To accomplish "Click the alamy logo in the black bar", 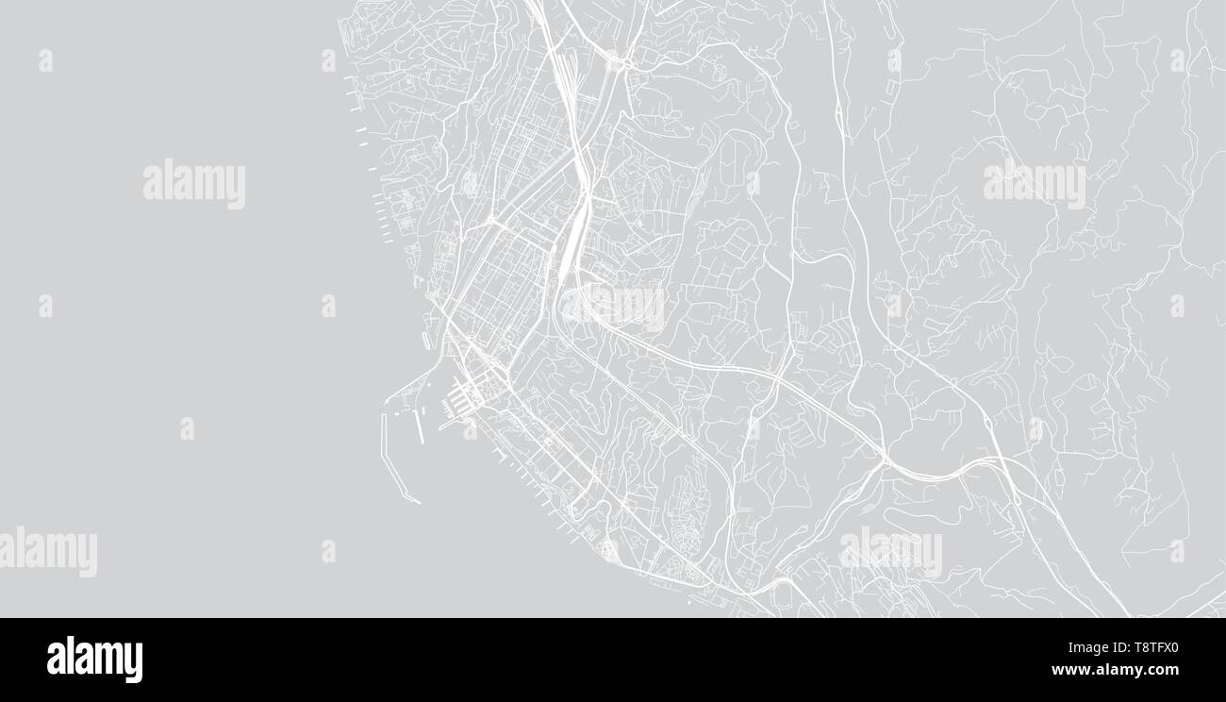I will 94,660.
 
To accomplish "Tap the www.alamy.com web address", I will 1115,671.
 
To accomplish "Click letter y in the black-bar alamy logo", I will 135,662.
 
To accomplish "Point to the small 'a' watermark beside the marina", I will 470,429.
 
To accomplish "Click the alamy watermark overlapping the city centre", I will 613,308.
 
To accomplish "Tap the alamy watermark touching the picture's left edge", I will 47,552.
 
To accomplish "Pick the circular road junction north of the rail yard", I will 623,63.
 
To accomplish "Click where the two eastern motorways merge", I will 886,462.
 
